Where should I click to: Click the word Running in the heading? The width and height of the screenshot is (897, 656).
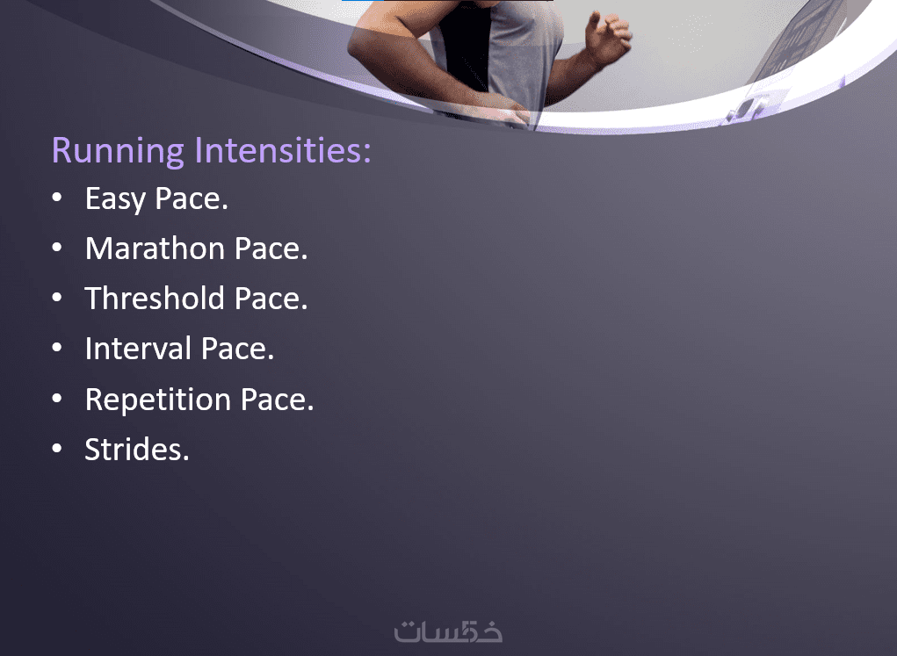(118, 151)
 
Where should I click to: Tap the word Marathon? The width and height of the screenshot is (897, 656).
(155, 249)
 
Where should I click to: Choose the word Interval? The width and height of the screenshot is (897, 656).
(138, 349)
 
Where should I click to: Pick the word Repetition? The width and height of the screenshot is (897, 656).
(158, 400)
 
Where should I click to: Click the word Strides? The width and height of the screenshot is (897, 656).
(137, 449)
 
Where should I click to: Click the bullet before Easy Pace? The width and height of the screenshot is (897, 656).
(56, 198)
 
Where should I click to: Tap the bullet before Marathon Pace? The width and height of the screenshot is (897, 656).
(56, 248)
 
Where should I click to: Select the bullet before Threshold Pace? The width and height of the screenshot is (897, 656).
(56, 298)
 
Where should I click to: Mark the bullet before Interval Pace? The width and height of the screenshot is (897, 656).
(56, 348)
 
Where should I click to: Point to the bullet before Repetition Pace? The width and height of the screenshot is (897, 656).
(56, 398)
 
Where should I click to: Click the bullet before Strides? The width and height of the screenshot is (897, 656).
(56, 449)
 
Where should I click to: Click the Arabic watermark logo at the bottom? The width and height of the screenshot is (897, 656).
(448, 631)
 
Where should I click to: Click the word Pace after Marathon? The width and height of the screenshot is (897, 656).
(271, 249)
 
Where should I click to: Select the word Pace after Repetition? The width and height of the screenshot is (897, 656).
(278, 400)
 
